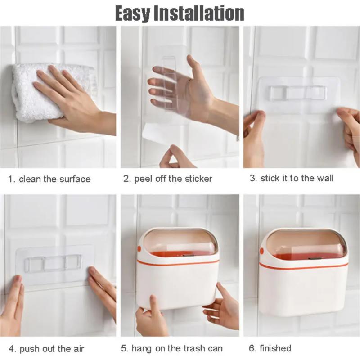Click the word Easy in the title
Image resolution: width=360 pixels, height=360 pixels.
pyautogui.click(x=132, y=13)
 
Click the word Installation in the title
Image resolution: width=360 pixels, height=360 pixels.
pyautogui.click(x=199, y=13)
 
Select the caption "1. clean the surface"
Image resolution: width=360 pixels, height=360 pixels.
pyautogui.click(x=49, y=179)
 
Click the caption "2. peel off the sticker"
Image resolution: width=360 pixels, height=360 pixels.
pyautogui.click(x=167, y=179)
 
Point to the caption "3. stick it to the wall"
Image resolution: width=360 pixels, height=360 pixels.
pyautogui.click(x=292, y=178)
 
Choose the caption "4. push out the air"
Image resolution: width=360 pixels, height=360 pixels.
pyautogui.click(x=46, y=349)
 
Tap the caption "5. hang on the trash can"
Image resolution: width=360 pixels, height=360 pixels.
pyautogui.click(x=172, y=349)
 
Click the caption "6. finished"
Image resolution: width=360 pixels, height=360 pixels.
pyautogui.click(x=270, y=348)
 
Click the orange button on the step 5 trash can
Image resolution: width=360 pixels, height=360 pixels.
pyautogui.click(x=139, y=248)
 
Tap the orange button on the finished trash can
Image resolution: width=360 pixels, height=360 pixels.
pyautogui.click(x=261, y=250)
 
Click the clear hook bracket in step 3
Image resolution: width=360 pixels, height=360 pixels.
pyautogui.click(x=298, y=93)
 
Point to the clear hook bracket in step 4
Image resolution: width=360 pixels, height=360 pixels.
pyautogui.click(x=53, y=262)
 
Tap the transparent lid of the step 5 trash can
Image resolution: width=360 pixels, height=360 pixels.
pyautogui.click(x=180, y=243)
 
